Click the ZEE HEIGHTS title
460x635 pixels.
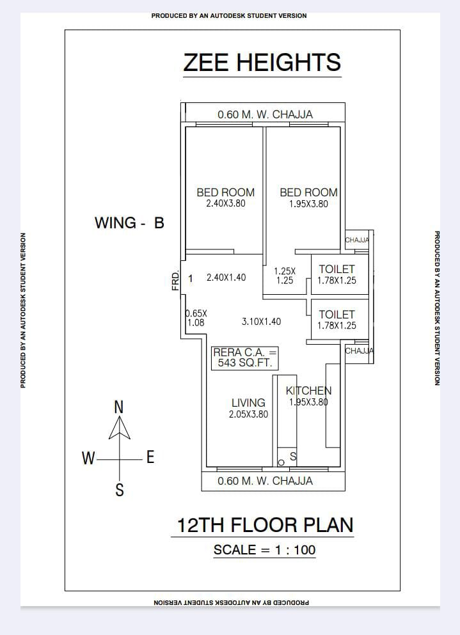point(262,63)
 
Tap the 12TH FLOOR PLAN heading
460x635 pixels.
point(265,525)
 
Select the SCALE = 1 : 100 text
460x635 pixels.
point(264,549)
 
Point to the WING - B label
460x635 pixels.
point(129,223)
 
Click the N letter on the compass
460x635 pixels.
point(119,407)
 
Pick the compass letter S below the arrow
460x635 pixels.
point(120,490)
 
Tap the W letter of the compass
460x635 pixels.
point(88,458)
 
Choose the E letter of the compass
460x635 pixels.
point(150,457)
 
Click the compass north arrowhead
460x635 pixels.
point(120,428)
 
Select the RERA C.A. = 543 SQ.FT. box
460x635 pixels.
point(245,358)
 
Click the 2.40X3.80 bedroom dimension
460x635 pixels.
point(226,203)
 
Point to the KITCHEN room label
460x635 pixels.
point(308,390)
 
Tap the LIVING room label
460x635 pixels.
point(248,402)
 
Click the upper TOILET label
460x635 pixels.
point(337,269)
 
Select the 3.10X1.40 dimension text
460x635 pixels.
point(262,322)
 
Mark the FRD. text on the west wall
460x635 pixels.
point(175,281)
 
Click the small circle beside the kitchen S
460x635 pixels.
point(281,462)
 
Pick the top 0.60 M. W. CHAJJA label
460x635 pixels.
point(265,114)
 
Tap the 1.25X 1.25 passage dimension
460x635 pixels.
point(285,276)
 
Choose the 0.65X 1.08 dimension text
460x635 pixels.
point(196,318)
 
